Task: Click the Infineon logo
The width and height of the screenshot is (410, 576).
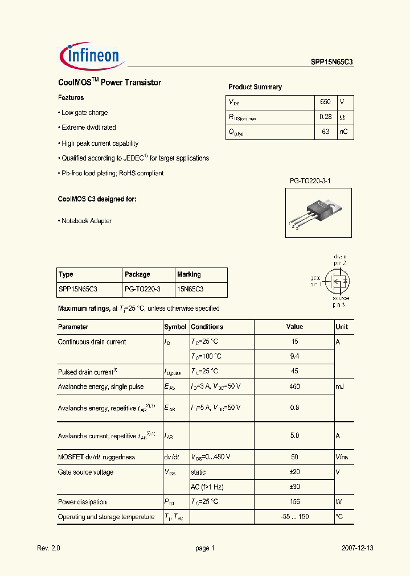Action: click(90, 55)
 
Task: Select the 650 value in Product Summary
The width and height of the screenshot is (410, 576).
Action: click(325, 102)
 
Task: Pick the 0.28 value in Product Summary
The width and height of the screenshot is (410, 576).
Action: click(325, 117)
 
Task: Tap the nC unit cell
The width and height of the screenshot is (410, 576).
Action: click(344, 131)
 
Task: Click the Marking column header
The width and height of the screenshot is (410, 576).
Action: click(189, 274)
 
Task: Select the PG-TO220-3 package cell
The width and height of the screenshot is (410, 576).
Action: click(142, 289)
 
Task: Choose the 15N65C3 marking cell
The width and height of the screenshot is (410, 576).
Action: click(190, 289)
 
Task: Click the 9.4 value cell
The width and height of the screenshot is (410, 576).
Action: click(294, 356)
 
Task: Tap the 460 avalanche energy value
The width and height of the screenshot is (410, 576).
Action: click(294, 386)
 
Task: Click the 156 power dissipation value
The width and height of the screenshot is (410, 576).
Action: click(294, 502)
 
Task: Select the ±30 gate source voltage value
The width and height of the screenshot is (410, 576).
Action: click(294, 487)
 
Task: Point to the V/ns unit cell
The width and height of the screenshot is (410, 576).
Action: click(342, 457)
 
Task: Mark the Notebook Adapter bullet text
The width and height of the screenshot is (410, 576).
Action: click(87, 221)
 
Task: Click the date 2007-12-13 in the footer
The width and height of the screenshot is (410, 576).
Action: click(358, 548)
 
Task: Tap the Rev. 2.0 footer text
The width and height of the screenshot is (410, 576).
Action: click(48, 548)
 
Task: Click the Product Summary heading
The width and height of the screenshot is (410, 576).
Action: click(255, 87)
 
